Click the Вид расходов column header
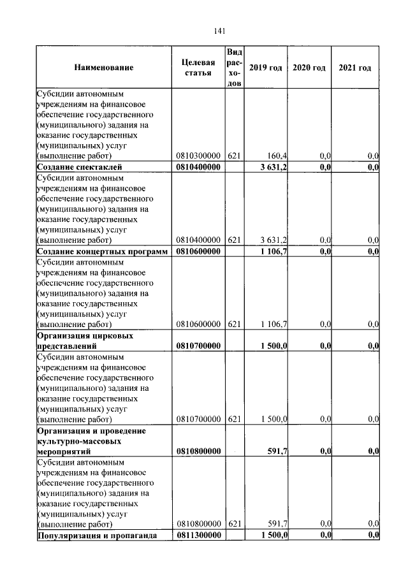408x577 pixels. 234,67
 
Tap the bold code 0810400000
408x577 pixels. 198,167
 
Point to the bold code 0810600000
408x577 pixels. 198,252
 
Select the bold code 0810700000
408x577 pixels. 198,346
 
